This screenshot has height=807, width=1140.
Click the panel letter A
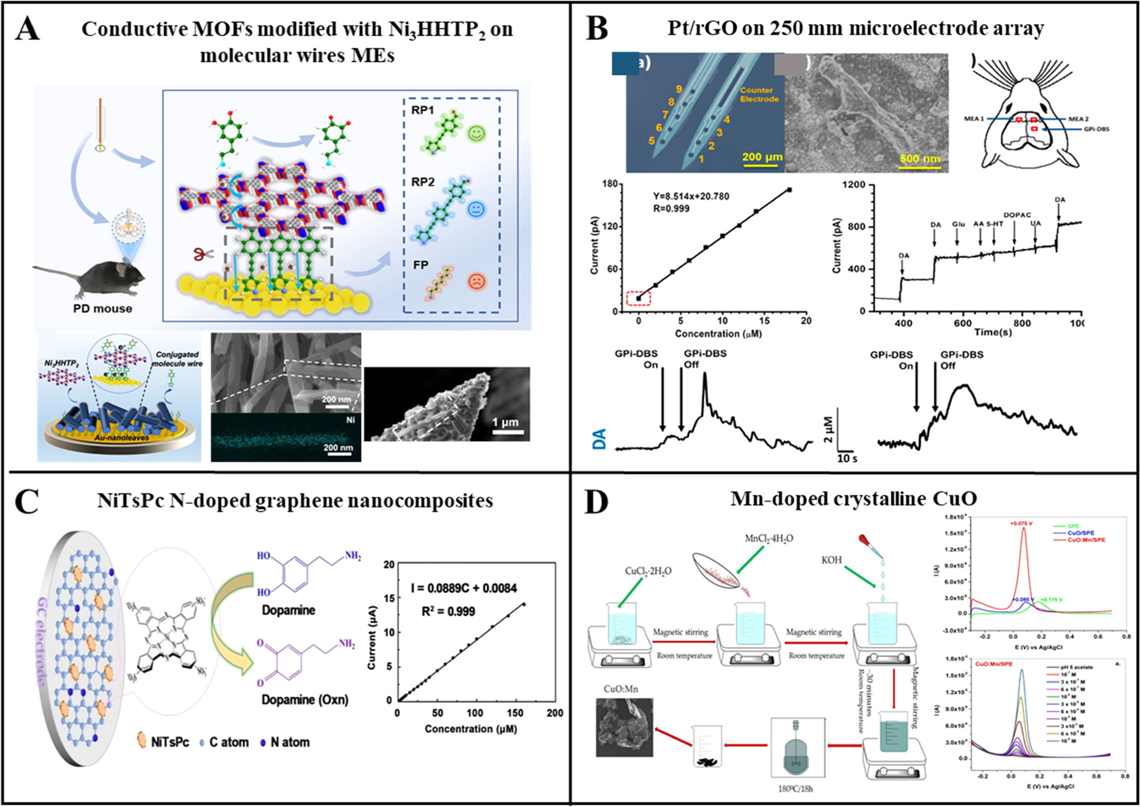point(28,29)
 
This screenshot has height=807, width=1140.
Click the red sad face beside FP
point(476,282)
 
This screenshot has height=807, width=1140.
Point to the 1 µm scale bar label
point(505,422)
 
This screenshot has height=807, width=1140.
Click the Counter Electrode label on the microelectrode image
point(759,94)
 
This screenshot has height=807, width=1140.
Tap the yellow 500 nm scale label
point(919,159)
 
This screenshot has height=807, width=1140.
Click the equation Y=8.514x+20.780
point(691,196)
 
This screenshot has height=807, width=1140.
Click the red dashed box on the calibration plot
point(639,298)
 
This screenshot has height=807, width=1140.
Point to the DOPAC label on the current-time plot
point(1016,215)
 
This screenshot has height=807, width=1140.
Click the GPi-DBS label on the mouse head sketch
point(1096,129)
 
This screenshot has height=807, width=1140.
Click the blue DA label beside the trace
point(599,439)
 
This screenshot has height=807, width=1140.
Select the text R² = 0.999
point(448,611)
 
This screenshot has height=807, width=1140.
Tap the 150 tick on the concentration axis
point(514,713)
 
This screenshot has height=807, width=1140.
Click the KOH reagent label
point(831,559)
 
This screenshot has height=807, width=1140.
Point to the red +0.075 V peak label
point(1021,523)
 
